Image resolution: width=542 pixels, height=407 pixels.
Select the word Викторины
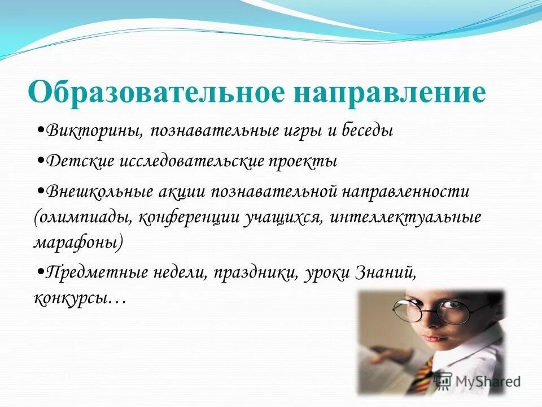pyautogui.click(x=96, y=131)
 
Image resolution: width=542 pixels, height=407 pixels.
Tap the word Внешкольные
pyautogui.click(x=100, y=191)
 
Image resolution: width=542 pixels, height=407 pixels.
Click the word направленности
pyautogui.click(x=405, y=191)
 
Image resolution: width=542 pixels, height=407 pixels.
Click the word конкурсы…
pyautogui.click(x=79, y=298)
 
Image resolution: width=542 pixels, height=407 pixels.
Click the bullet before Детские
pyautogui.click(x=41, y=161)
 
